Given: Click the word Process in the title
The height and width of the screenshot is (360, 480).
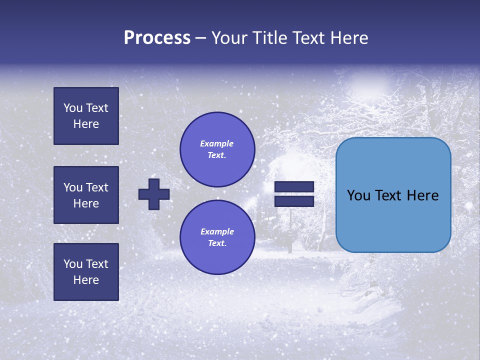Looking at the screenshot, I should pyautogui.click(x=157, y=38).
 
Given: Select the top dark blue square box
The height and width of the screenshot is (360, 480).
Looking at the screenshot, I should pyautogui.click(x=86, y=116).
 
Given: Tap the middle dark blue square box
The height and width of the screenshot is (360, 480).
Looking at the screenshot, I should pyautogui.click(x=86, y=195).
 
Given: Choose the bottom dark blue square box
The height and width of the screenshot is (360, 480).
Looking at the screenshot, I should pyautogui.click(x=86, y=272).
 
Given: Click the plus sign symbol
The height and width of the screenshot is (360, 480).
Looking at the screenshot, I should pyautogui.click(x=154, y=194).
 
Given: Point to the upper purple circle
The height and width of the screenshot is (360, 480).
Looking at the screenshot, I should pyautogui.click(x=217, y=149).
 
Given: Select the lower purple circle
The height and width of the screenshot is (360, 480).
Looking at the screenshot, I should pyautogui.click(x=217, y=237).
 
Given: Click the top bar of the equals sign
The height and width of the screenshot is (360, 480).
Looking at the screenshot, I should pyautogui.click(x=294, y=187).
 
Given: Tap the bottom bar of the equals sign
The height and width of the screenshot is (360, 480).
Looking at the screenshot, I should pyautogui.click(x=294, y=201).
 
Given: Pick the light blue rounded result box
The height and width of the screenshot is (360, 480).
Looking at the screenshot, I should pyautogui.click(x=393, y=195).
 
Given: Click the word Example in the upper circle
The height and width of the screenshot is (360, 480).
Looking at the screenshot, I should pyautogui.click(x=216, y=144).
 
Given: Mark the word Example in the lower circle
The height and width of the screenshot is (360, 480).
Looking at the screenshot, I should pyautogui.click(x=217, y=232).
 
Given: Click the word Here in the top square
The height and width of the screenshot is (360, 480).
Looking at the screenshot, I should pyautogui.click(x=86, y=124).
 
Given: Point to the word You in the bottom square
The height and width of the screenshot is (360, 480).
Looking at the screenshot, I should pyautogui.click(x=73, y=264).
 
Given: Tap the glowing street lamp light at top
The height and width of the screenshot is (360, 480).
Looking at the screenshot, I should pyautogui.click(x=368, y=80).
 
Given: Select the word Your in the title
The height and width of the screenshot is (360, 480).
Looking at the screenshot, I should pyautogui.click(x=230, y=38).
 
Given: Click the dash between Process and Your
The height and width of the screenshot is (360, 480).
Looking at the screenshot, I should pyautogui.click(x=200, y=38).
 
